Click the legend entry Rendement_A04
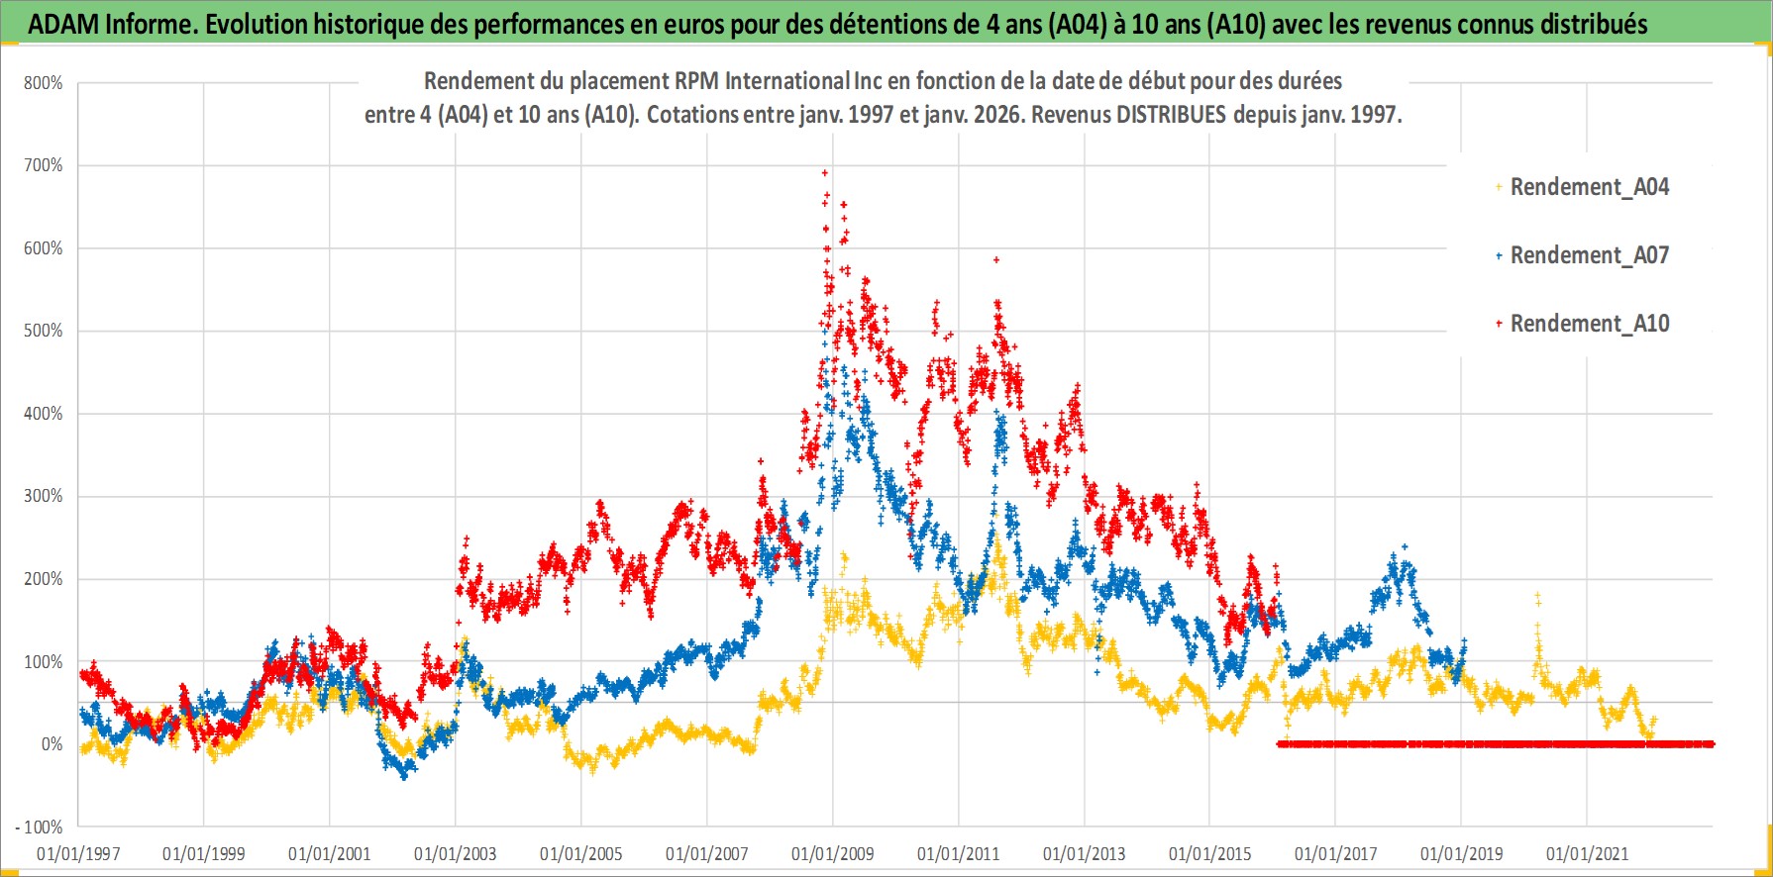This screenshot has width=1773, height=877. pyautogui.click(x=1589, y=187)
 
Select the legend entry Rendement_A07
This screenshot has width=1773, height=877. pyautogui.click(x=1589, y=255)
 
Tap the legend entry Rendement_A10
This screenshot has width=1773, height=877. pyautogui.click(x=1589, y=324)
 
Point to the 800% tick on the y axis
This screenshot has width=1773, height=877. pyautogui.click(x=44, y=83)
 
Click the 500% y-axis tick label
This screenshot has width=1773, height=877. pyautogui.click(x=44, y=331)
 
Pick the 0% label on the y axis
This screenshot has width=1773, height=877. pyautogui.click(x=52, y=744)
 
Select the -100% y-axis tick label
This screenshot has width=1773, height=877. pyautogui.click(x=40, y=827)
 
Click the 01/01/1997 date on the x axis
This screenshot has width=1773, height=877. pyautogui.click(x=78, y=854)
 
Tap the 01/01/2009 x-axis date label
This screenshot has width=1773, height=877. pyautogui.click(x=832, y=854)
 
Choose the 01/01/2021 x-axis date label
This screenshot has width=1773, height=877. pyautogui.click(x=1587, y=854)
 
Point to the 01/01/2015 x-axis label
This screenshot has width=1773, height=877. pyautogui.click(x=1209, y=854)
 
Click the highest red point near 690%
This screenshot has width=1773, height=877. pyautogui.click(x=825, y=173)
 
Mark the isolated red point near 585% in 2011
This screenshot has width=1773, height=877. pyautogui.click(x=996, y=260)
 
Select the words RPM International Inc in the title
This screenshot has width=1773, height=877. pyautogui.click(x=762, y=81)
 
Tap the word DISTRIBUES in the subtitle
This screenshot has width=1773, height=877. pyautogui.click(x=1171, y=115)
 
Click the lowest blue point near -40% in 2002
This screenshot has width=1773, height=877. pyautogui.click(x=403, y=777)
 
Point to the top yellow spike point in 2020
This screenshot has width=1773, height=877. pyautogui.click(x=1537, y=596)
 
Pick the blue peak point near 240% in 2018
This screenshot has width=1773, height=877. pyautogui.click(x=1404, y=546)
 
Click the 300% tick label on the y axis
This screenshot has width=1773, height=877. pyautogui.click(x=44, y=496)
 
